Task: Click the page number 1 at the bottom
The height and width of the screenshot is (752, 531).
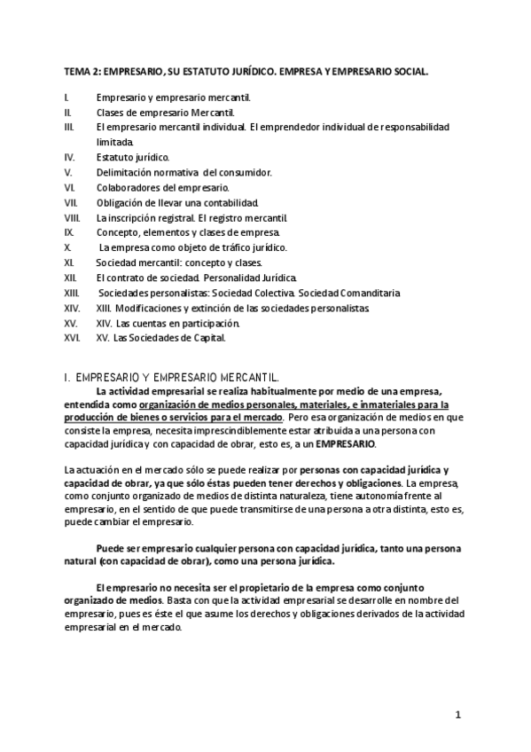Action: pyautogui.click(x=458, y=714)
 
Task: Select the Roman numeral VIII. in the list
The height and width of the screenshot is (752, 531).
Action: pyautogui.click(x=73, y=217)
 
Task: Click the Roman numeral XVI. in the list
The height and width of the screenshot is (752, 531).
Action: pyautogui.click(x=72, y=337)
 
